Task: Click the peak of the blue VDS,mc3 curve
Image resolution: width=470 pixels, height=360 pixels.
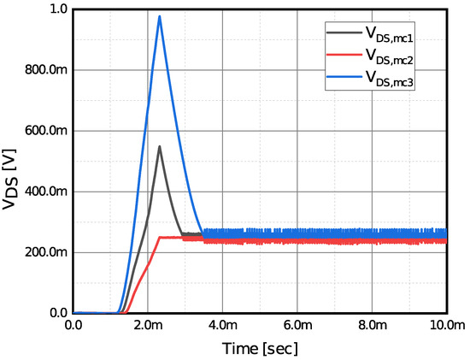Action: [x=159, y=16]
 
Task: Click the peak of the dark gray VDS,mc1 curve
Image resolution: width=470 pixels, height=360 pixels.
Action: [x=159, y=146]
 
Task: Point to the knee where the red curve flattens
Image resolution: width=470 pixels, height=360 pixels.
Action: [x=159, y=238]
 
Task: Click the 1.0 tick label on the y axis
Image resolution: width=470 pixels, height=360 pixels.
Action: [x=57, y=9]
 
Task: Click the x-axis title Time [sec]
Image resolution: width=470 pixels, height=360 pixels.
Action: [x=259, y=348]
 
